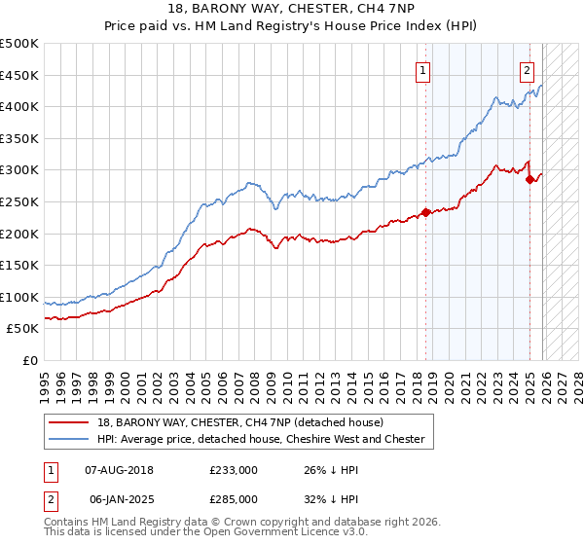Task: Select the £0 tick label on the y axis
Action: [x=30, y=360]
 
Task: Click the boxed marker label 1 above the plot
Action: [x=424, y=69]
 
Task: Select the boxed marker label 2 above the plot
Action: [x=527, y=69]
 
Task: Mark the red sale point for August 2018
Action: [x=425, y=213]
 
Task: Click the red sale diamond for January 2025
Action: [x=529, y=179]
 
